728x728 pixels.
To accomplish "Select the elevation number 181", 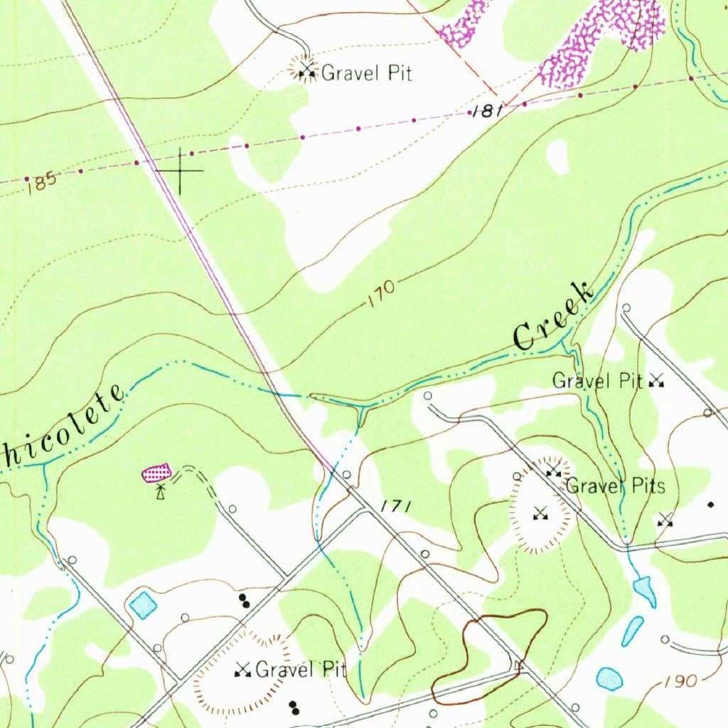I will coord(488,112).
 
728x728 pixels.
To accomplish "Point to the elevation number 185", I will coord(43,182).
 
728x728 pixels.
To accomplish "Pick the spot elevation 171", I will coord(395,507).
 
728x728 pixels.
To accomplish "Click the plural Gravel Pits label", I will coord(615,486).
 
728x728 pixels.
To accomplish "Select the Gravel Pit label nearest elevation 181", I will coord(367,73).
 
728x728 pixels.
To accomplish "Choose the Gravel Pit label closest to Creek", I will coord(597,381).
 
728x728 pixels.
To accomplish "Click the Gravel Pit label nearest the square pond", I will coord(301,669).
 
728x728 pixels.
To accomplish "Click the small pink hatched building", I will coord(157,472).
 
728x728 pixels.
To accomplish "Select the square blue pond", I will coord(143,605).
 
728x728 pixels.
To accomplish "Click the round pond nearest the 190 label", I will coord(609,679).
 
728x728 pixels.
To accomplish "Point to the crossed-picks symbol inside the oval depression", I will coord(540,513).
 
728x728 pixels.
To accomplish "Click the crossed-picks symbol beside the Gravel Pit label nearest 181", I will coord(307,70).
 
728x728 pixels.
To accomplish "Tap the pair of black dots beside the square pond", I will coord(245,601).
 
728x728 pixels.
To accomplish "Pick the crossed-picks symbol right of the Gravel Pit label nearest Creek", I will coord(656,382).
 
